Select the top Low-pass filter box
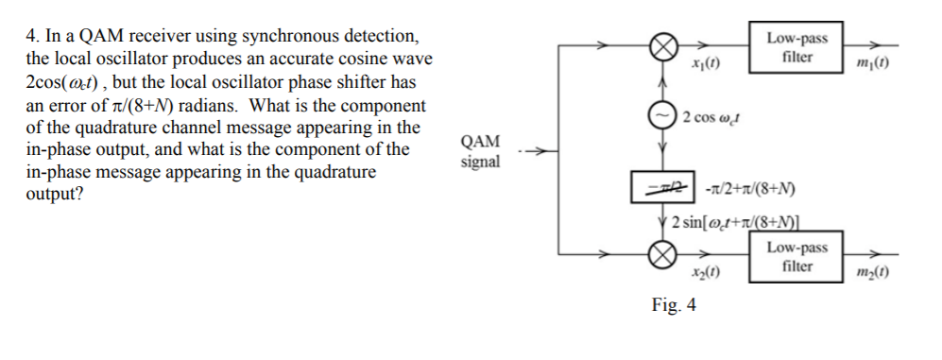pos(796,46)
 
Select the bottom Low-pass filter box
pos(796,256)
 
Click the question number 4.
pos(31,37)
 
